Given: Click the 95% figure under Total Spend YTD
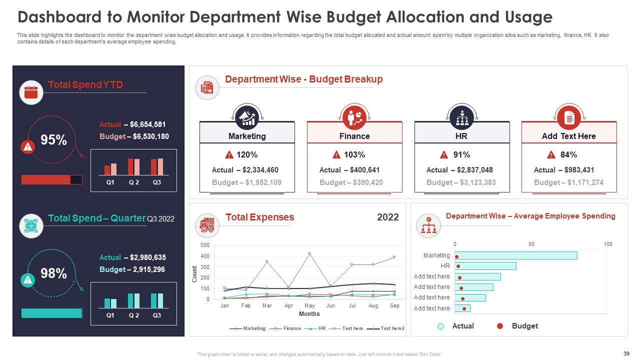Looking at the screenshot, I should [x=53, y=140].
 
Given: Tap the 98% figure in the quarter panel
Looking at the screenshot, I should [x=53, y=273].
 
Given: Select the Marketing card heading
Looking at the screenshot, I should [x=247, y=136].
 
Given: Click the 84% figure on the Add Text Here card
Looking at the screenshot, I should [x=568, y=154].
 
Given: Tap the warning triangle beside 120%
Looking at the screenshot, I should [x=229, y=154].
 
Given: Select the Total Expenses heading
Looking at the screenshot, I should [x=259, y=217].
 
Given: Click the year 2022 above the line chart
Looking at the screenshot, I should [x=387, y=217].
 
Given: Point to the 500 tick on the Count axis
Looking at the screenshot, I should [x=204, y=245].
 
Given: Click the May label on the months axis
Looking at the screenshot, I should [x=309, y=305].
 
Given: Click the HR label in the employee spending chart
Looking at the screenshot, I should [x=445, y=266].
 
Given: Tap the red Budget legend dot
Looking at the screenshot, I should [x=499, y=326].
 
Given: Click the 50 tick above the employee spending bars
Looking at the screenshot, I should [x=531, y=244].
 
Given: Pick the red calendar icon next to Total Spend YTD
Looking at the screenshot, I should [x=31, y=92].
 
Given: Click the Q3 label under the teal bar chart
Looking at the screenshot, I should [x=157, y=315].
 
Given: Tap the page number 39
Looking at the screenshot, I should [x=626, y=353].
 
